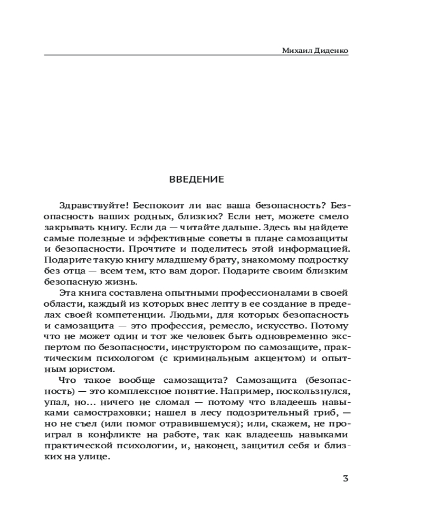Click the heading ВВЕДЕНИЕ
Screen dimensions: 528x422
(196, 179)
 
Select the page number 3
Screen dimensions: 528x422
(346, 479)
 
